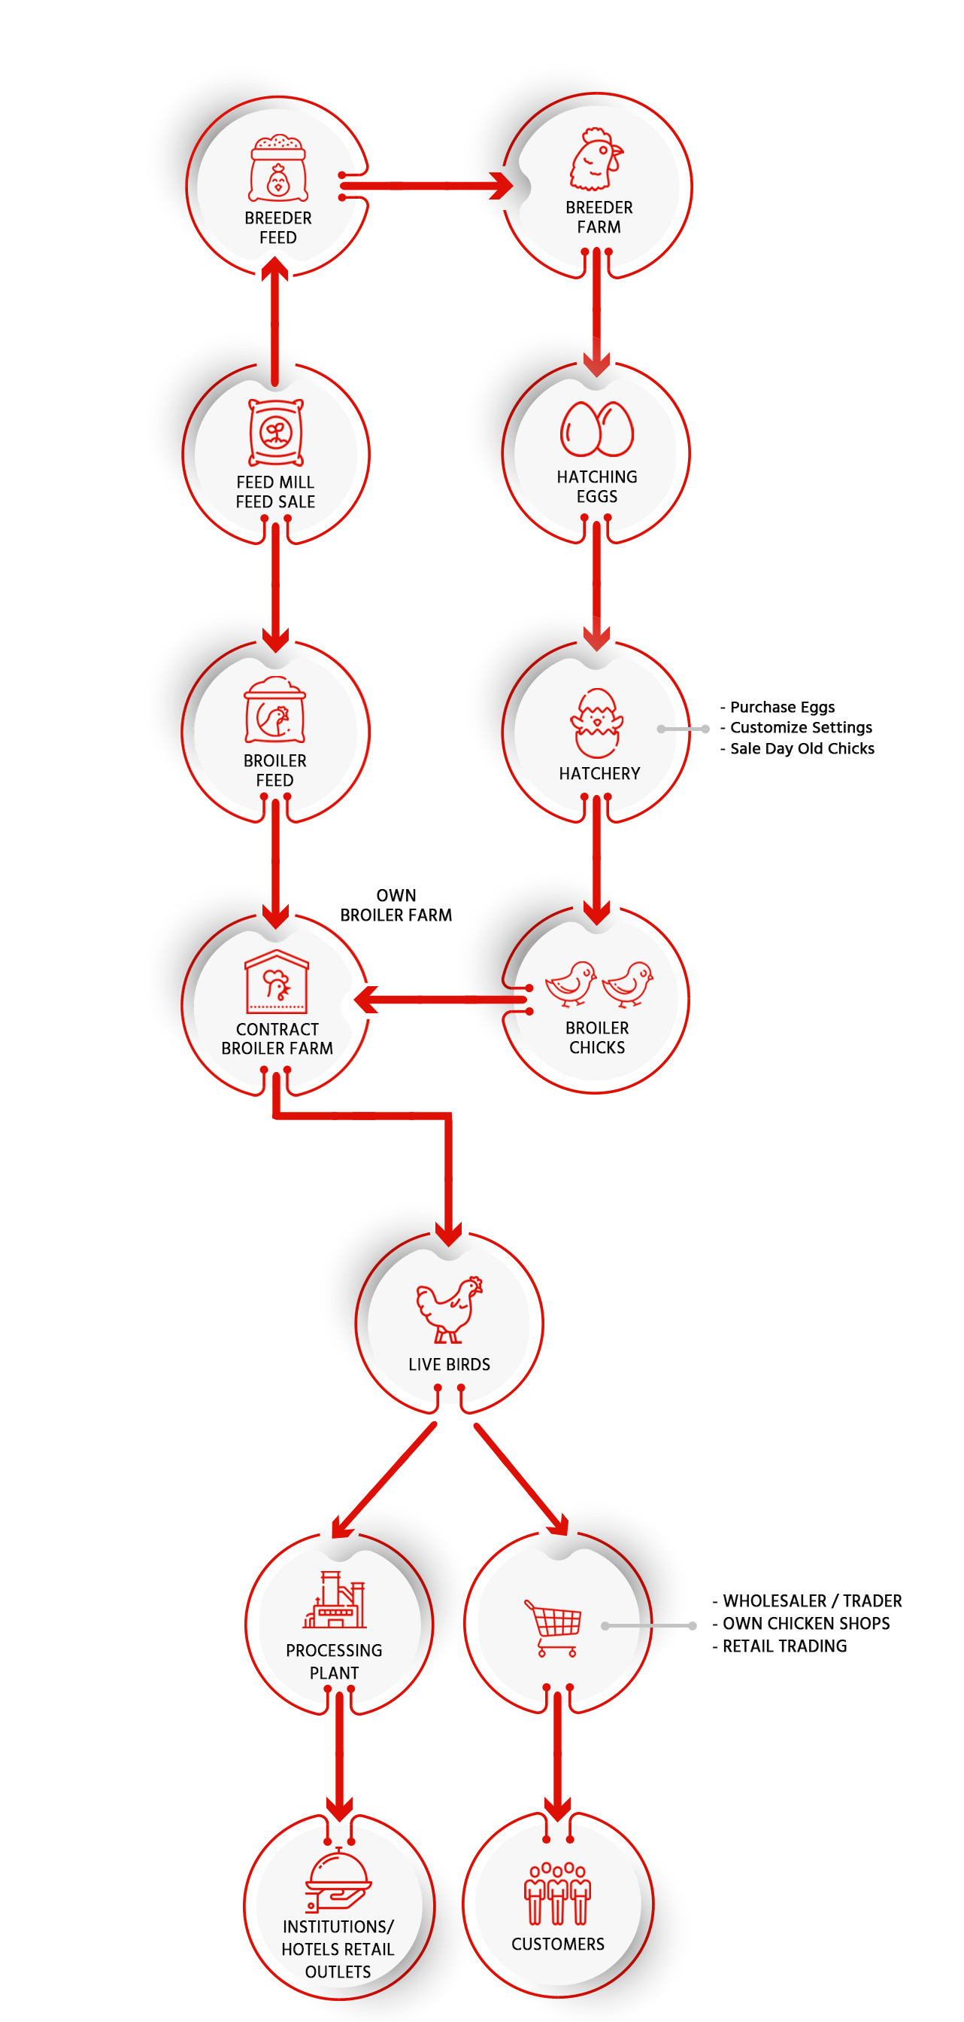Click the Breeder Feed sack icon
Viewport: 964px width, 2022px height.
click(277, 169)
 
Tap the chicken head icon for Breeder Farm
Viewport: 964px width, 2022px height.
click(596, 160)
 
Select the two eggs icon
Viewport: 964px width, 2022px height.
click(596, 428)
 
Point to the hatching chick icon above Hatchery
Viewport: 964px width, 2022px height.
click(597, 723)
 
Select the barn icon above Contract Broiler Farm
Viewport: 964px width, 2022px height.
click(276, 981)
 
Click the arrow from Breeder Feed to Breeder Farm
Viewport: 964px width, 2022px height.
click(428, 186)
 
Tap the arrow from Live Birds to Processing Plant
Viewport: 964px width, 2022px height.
click(384, 1479)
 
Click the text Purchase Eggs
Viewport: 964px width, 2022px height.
click(781, 707)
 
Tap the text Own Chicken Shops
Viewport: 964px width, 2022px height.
click(805, 1623)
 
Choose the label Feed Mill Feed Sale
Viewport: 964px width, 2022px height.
click(275, 492)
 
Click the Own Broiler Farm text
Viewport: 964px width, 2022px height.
click(396, 905)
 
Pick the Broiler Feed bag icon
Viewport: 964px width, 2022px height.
click(275, 711)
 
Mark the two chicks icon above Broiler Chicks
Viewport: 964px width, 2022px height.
click(599, 984)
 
